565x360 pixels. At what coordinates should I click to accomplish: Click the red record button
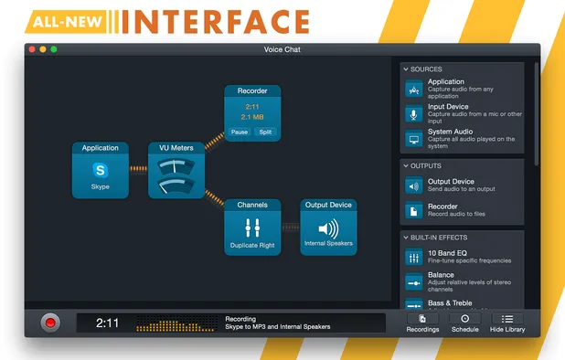coord(50,322)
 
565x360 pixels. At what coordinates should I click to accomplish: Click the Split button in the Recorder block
coord(265,132)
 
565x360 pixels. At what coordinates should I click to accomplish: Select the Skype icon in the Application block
coord(100,169)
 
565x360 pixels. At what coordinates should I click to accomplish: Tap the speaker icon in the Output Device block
coord(327,229)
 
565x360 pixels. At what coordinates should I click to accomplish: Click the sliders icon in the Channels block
coord(252,229)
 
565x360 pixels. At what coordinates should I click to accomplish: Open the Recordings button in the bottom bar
coord(422,323)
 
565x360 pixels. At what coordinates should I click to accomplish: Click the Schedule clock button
coord(464,323)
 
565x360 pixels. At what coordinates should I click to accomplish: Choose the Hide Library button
coord(507,323)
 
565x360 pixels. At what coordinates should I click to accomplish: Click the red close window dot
coord(32,49)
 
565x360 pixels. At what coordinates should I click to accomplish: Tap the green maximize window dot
coord(54,49)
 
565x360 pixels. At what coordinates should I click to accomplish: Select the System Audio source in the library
coord(462,138)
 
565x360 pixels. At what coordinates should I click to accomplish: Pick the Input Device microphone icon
coord(414,113)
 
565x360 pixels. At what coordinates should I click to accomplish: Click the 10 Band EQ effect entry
coord(462,256)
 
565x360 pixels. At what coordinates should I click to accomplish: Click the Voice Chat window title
coord(282,49)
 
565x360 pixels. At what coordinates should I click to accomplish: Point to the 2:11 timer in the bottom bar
coord(108,323)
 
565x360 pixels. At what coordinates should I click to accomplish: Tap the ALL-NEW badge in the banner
coord(62,19)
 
